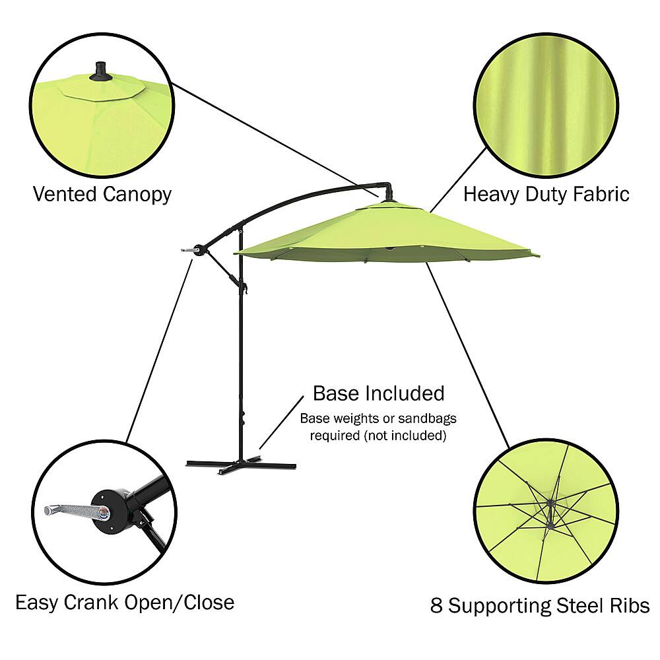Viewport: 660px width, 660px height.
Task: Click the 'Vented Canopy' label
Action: pyautogui.click(x=102, y=194)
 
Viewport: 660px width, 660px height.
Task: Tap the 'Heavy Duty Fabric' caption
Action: pyautogui.click(x=546, y=194)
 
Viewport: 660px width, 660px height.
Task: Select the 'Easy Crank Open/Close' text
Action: pyautogui.click(x=125, y=602)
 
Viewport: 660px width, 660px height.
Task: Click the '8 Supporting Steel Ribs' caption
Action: pyautogui.click(x=540, y=605)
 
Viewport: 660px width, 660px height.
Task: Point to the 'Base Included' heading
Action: pyautogui.click(x=378, y=393)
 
